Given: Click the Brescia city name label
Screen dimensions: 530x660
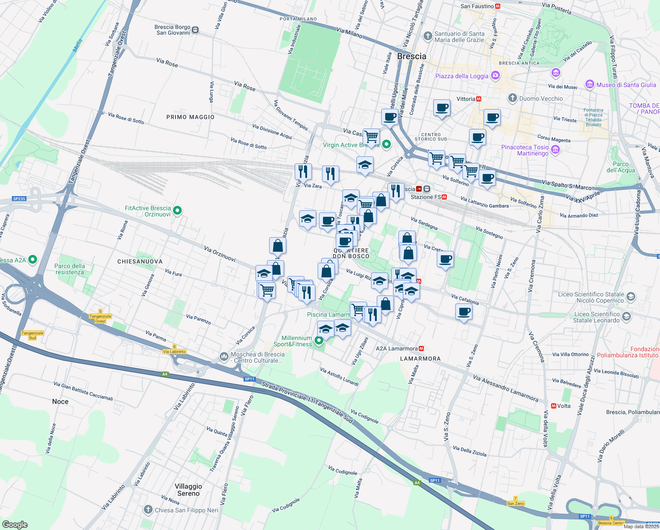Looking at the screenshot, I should [x=412, y=57].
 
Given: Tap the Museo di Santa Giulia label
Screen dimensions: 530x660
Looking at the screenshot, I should [x=626, y=85].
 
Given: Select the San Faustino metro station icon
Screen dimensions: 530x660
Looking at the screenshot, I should [x=498, y=6].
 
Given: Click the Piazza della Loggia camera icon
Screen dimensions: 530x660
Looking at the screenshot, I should [x=495, y=76].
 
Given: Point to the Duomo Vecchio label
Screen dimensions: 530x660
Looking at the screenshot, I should [x=541, y=98].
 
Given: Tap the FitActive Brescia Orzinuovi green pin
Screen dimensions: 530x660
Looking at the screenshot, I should [x=177, y=211].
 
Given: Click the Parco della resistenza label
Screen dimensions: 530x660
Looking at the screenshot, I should [x=70, y=269].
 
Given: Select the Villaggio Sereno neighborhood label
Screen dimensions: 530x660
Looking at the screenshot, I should [x=188, y=490].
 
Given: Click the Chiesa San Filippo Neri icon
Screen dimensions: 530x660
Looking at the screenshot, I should [x=148, y=510].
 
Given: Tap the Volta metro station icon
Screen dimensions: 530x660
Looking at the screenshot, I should [x=553, y=405].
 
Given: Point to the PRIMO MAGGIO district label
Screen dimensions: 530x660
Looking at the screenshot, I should [x=190, y=117].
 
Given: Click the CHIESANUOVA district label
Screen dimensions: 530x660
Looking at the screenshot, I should [x=140, y=261].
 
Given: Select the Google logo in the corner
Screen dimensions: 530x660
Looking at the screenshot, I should [x=15, y=524].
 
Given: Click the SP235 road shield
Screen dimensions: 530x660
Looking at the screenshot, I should [x=19, y=199].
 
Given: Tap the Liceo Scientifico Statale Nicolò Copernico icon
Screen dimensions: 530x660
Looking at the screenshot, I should [x=631, y=297].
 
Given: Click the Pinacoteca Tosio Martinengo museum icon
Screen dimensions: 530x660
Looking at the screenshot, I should [x=555, y=150].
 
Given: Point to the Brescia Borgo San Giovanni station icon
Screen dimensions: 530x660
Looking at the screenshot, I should [x=195, y=30].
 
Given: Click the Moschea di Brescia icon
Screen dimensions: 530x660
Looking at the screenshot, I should [x=224, y=356].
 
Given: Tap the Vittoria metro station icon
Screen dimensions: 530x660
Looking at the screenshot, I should [x=479, y=99].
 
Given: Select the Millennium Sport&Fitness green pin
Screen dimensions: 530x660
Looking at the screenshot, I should [x=319, y=341].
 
